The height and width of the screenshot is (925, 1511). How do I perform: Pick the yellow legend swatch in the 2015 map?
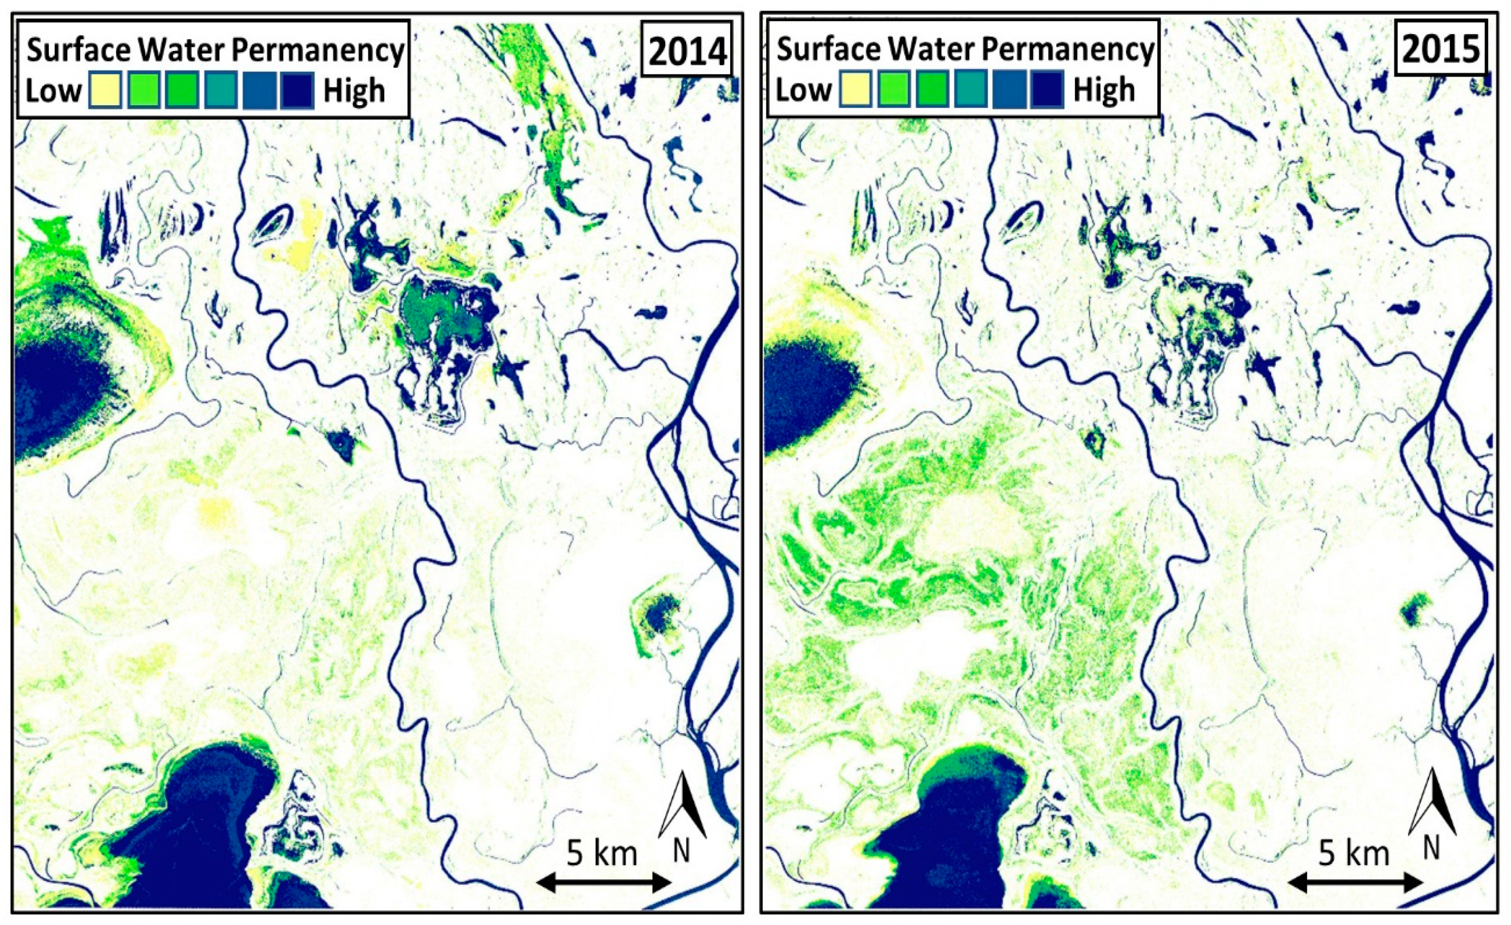855,89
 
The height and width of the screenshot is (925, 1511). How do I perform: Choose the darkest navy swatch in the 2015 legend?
1047,89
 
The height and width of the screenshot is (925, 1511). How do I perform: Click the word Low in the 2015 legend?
803,90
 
